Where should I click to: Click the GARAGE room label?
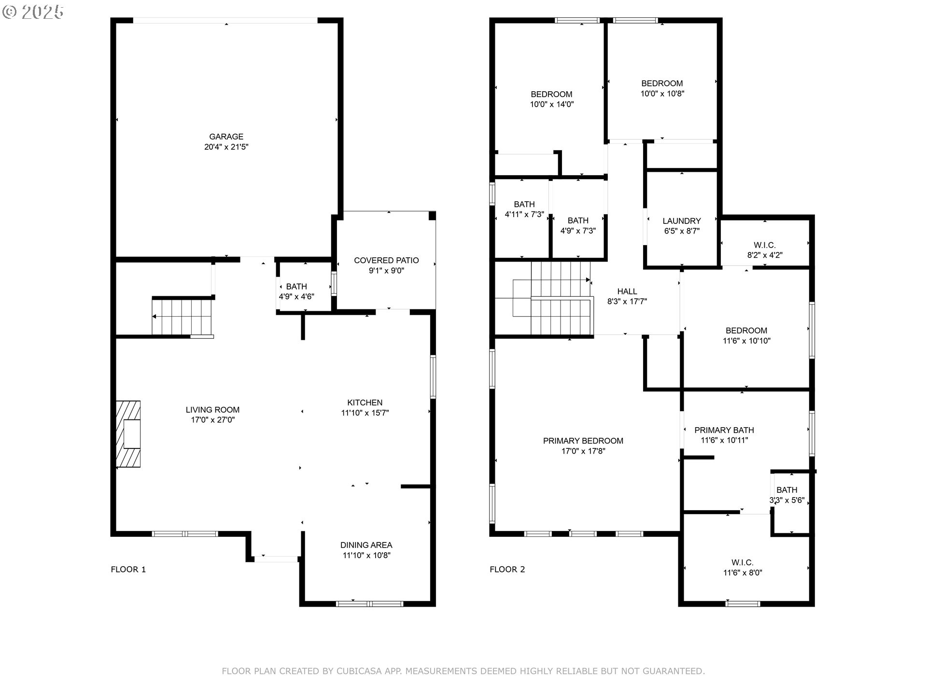click(226, 137)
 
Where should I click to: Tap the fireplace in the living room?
click(128, 434)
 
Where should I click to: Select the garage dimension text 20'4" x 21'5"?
click(226, 147)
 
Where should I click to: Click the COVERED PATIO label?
click(386, 261)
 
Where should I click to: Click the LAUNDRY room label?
click(682, 221)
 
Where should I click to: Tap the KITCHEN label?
click(365, 403)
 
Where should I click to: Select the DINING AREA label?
click(366, 545)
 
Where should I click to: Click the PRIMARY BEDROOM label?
click(583, 441)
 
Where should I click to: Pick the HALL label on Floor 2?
click(627, 292)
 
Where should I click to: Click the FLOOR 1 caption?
click(128, 570)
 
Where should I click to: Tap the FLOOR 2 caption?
click(507, 570)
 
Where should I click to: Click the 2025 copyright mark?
click(33, 12)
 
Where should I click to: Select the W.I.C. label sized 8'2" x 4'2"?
click(765, 245)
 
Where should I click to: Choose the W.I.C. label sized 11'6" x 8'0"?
click(743, 562)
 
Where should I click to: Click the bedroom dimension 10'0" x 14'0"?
click(552, 104)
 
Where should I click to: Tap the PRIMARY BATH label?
click(724, 430)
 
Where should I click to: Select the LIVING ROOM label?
click(213, 410)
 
